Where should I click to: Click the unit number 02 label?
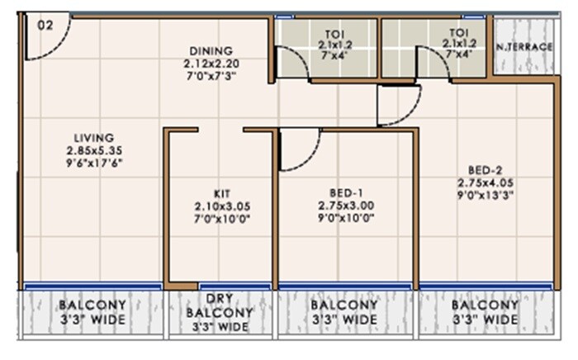click(45, 26)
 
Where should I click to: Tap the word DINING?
click(211, 51)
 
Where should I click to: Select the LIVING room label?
click(94, 138)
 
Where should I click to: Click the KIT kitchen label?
click(222, 193)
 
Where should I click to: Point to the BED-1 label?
click(346, 192)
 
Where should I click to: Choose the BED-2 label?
click(486, 170)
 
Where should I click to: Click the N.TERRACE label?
click(524, 47)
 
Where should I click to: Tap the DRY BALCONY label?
click(220, 306)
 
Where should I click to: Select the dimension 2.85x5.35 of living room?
click(94, 150)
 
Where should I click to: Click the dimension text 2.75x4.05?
click(486, 182)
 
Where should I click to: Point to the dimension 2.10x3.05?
click(222, 206)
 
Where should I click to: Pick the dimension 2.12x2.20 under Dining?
click(211, 64)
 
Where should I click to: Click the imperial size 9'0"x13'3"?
click(486, 195)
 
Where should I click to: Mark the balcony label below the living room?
click(92, 312)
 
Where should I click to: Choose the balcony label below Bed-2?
click(486, 312)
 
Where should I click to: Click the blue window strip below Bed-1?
click(345, 287)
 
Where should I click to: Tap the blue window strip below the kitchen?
click(235, 287)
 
